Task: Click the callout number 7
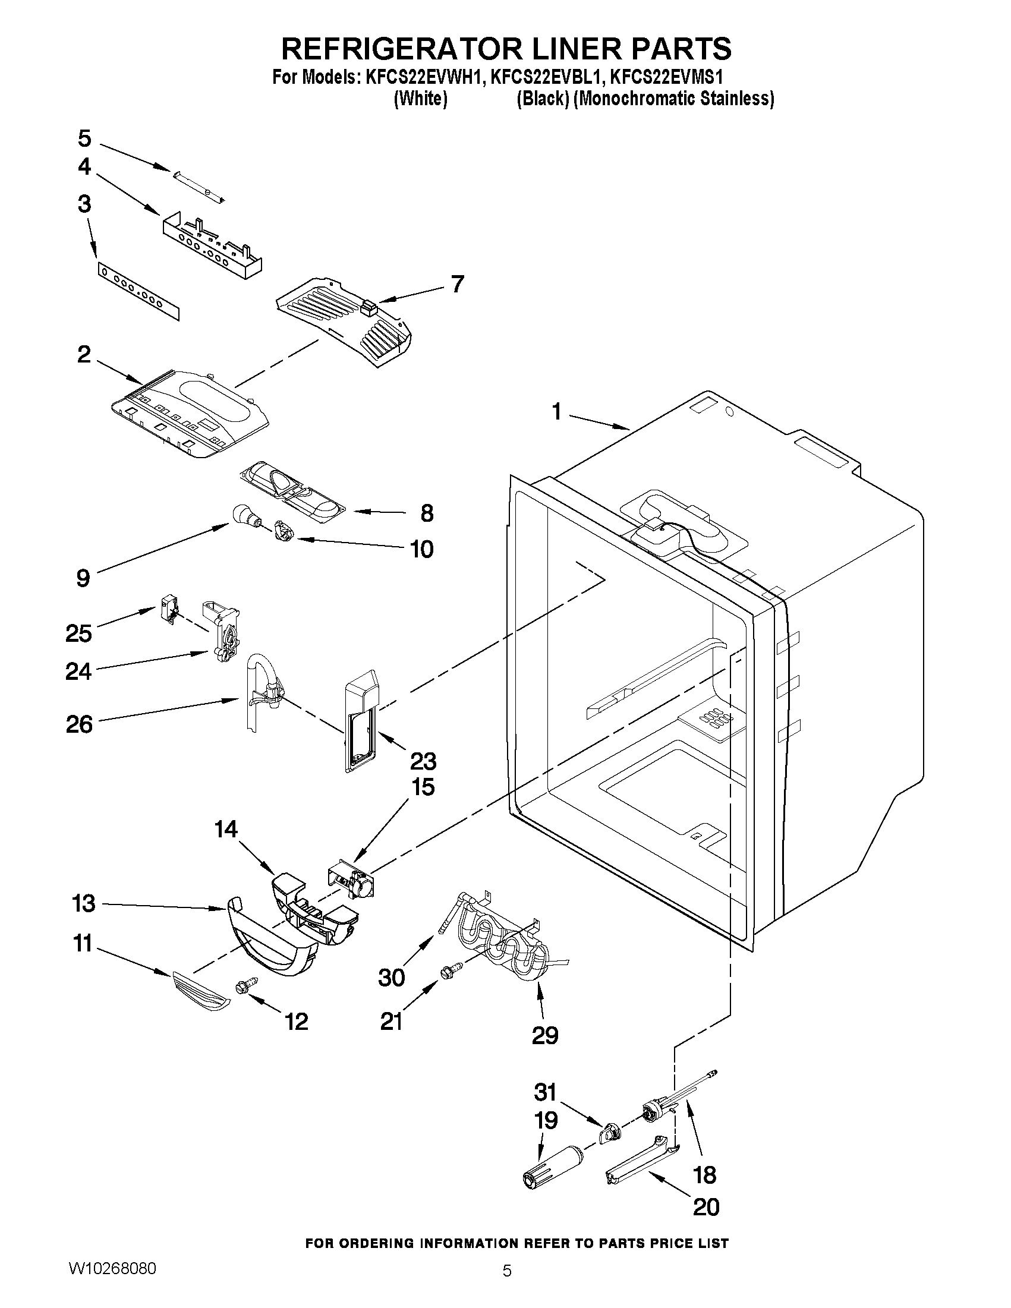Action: pos(457,283)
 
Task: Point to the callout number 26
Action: pos(79,724)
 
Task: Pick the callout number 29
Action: pos(544,1034)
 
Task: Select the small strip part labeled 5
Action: pos(198,184)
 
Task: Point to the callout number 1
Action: pos(556,412)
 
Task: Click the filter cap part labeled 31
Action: pos(610,1133)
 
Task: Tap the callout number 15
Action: pos(422,786)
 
